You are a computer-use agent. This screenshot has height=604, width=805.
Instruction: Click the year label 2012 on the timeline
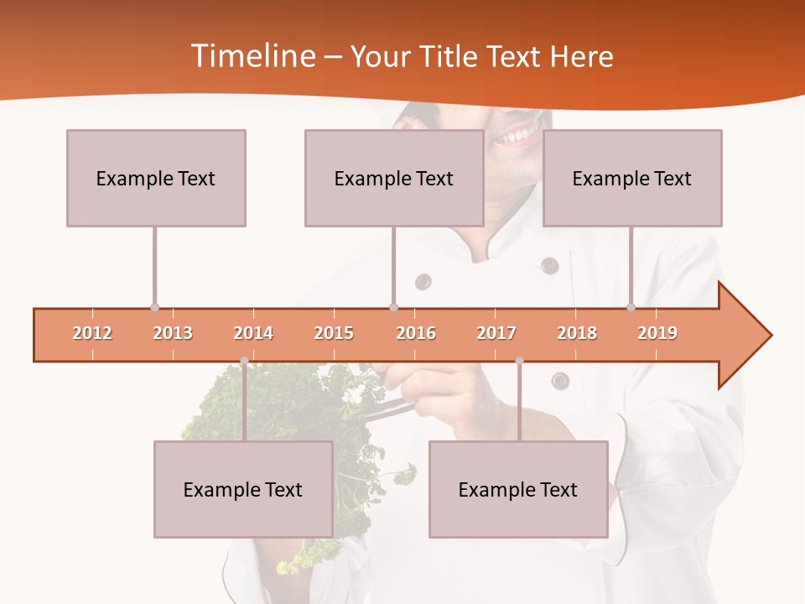pyautogui.click(x=92, y=333)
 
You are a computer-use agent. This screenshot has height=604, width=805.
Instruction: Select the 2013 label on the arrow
pyautogui.click(x=173, y=333)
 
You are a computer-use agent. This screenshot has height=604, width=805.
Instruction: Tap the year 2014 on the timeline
pyautogui.click(x=253, y=333)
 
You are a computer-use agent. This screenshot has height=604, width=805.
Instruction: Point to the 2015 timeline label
pyautogui.click(x=334, y=333)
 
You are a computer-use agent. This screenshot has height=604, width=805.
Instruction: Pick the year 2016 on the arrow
pyautogui.click(x=416, y=333)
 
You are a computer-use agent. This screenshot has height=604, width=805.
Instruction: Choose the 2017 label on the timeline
pyautogui.click(x=496, y=333)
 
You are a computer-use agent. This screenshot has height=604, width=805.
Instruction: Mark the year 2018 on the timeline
pyautogui.click(x=577, y=333)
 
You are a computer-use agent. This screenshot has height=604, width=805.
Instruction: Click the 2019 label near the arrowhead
pyautogui.click(x=657, y=333)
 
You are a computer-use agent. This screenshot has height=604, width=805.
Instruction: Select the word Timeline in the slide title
pyautogui.click(x=251, y=56)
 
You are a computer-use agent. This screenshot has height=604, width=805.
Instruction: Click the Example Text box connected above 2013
pyautogui.click(x=156, y=178)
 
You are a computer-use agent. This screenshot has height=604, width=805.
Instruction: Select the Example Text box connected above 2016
pyautogui.click(x=394, y=178)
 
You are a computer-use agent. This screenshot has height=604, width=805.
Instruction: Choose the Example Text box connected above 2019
pyautogui.click(x=632, y=178)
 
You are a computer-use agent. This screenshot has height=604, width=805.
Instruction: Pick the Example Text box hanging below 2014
pyautogui.click(x=243, y=489)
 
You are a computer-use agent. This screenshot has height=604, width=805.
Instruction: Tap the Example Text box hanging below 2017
pyautogui.click(x=518, y=489)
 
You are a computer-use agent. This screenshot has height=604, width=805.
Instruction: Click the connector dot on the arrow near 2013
pyautogui.click(x=154, y=308)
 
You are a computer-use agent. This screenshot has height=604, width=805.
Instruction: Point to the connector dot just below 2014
pyautogui.click(x=244, y=361)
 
